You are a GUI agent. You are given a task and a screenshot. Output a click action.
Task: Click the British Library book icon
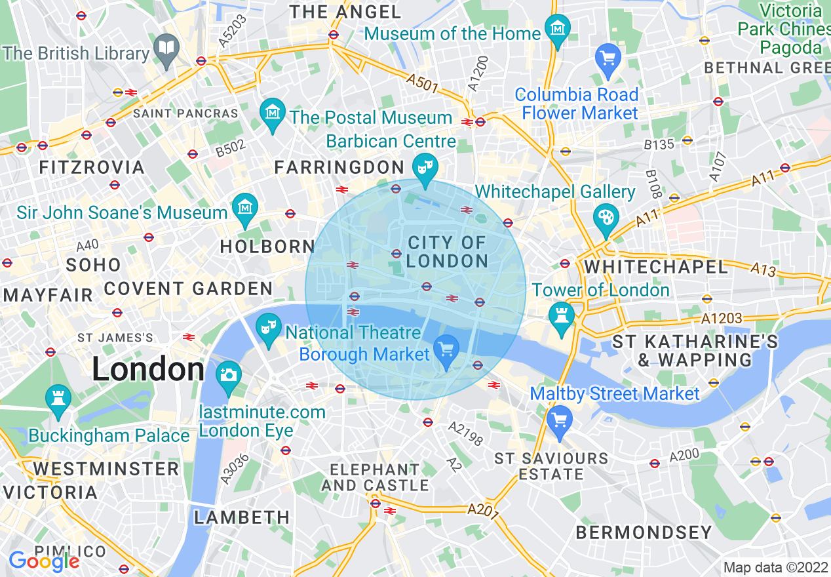click(x=166, y=48)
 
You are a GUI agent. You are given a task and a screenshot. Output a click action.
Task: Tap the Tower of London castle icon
click(x=562, y=316)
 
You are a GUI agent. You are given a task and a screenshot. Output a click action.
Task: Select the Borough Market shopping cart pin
click(x=447, y=348)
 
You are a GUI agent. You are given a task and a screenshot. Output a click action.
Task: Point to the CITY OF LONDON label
click(x=447, y=252)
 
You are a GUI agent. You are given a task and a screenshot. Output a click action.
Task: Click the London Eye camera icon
click(x=228, y=375)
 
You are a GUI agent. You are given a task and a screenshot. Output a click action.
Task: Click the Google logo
click(x=44, y=561)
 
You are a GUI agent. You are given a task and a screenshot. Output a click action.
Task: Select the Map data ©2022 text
click(x=775, y=567)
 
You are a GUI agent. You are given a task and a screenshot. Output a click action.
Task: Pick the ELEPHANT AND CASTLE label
click(x=375, y=477)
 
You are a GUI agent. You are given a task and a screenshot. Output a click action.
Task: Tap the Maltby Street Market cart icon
click(x=559, y=419)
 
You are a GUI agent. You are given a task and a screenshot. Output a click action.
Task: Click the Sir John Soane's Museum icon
click(x=245, y=208)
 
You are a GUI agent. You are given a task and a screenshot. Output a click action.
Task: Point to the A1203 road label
click(x=722, y=319)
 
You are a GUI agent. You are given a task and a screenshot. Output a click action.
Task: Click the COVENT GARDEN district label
click(x=188, y=288)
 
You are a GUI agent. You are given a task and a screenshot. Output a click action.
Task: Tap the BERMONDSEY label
click(x=644, y=532)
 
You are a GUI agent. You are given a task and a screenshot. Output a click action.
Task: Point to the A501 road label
click(x=421, y=83)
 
